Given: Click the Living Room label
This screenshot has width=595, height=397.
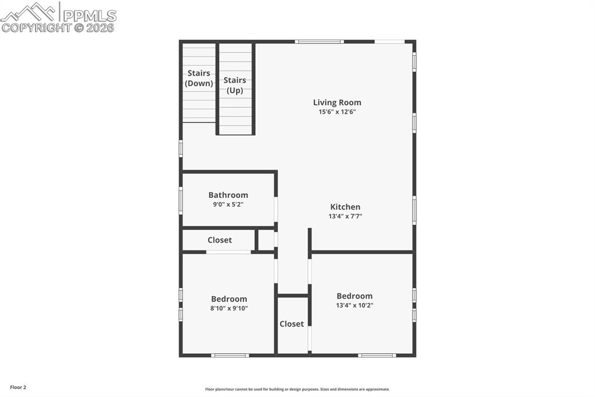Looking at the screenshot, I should click(337, 102).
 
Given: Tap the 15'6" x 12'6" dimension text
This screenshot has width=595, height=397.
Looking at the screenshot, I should click(337, 112).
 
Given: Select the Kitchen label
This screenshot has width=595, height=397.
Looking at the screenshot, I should click(345, 207).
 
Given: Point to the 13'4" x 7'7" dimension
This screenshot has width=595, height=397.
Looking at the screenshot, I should click(345, 216).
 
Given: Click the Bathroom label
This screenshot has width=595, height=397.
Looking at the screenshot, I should click(228, 195).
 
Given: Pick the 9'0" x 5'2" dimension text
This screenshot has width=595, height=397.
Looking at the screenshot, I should click(228, 204).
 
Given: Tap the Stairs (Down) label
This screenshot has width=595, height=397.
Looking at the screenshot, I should click(199, 79).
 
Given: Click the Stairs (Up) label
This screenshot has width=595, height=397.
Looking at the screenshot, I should click(235, 85).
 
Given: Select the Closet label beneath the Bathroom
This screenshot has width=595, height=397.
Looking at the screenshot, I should click(220, 240).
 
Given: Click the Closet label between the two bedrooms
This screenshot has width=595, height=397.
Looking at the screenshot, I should click(292, 324).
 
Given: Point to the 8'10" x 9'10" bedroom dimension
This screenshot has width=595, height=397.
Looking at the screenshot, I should click(229, 309).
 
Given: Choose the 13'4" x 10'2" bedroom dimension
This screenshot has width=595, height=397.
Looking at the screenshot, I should click(354, 305).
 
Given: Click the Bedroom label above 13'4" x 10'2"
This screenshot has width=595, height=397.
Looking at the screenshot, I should click(354, 296).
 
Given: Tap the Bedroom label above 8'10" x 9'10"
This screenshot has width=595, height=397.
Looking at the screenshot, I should click(229, 299).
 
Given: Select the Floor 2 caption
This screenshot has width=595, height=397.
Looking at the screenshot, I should click(18, 387).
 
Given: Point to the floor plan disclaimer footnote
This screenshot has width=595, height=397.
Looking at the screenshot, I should click(297, 389).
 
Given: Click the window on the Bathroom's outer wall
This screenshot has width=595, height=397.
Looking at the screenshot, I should click(181, 200).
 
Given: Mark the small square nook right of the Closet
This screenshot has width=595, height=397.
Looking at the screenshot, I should click(266, 240).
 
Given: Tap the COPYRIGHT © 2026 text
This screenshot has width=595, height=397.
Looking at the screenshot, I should click(58, 27).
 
